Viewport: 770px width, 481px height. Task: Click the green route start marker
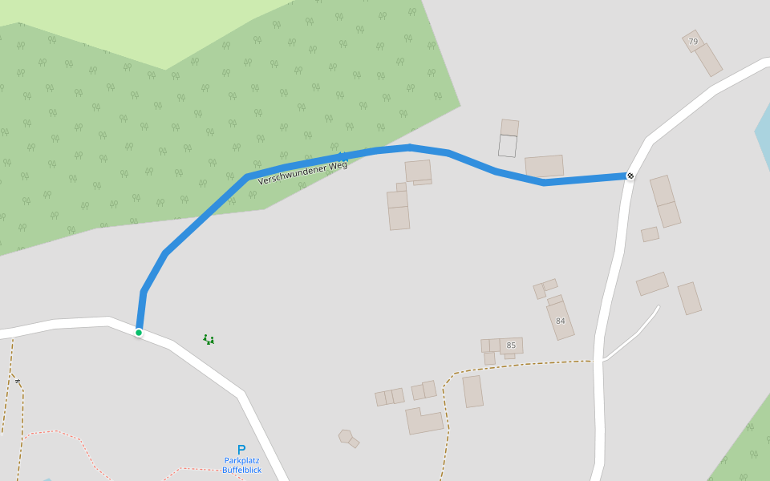click(x=139, y=333)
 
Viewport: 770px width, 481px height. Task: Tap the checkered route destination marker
click(x=630, y=176)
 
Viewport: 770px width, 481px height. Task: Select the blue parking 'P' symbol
click(x=241, y=450)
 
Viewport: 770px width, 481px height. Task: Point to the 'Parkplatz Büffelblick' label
click(x=241, y=465)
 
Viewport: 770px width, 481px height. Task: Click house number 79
click(x=693, y=42)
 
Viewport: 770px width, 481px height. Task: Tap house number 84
click(x=560, y=321)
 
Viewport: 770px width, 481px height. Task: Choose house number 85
click(x=511, y=346)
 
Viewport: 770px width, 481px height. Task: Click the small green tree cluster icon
click(x=209, y=340)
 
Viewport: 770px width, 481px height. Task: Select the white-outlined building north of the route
click(x=508, y=146)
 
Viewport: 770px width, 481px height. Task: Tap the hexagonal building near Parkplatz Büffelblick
click(x=346, y=436)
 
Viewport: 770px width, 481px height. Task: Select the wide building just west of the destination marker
click(x=545, y=166)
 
